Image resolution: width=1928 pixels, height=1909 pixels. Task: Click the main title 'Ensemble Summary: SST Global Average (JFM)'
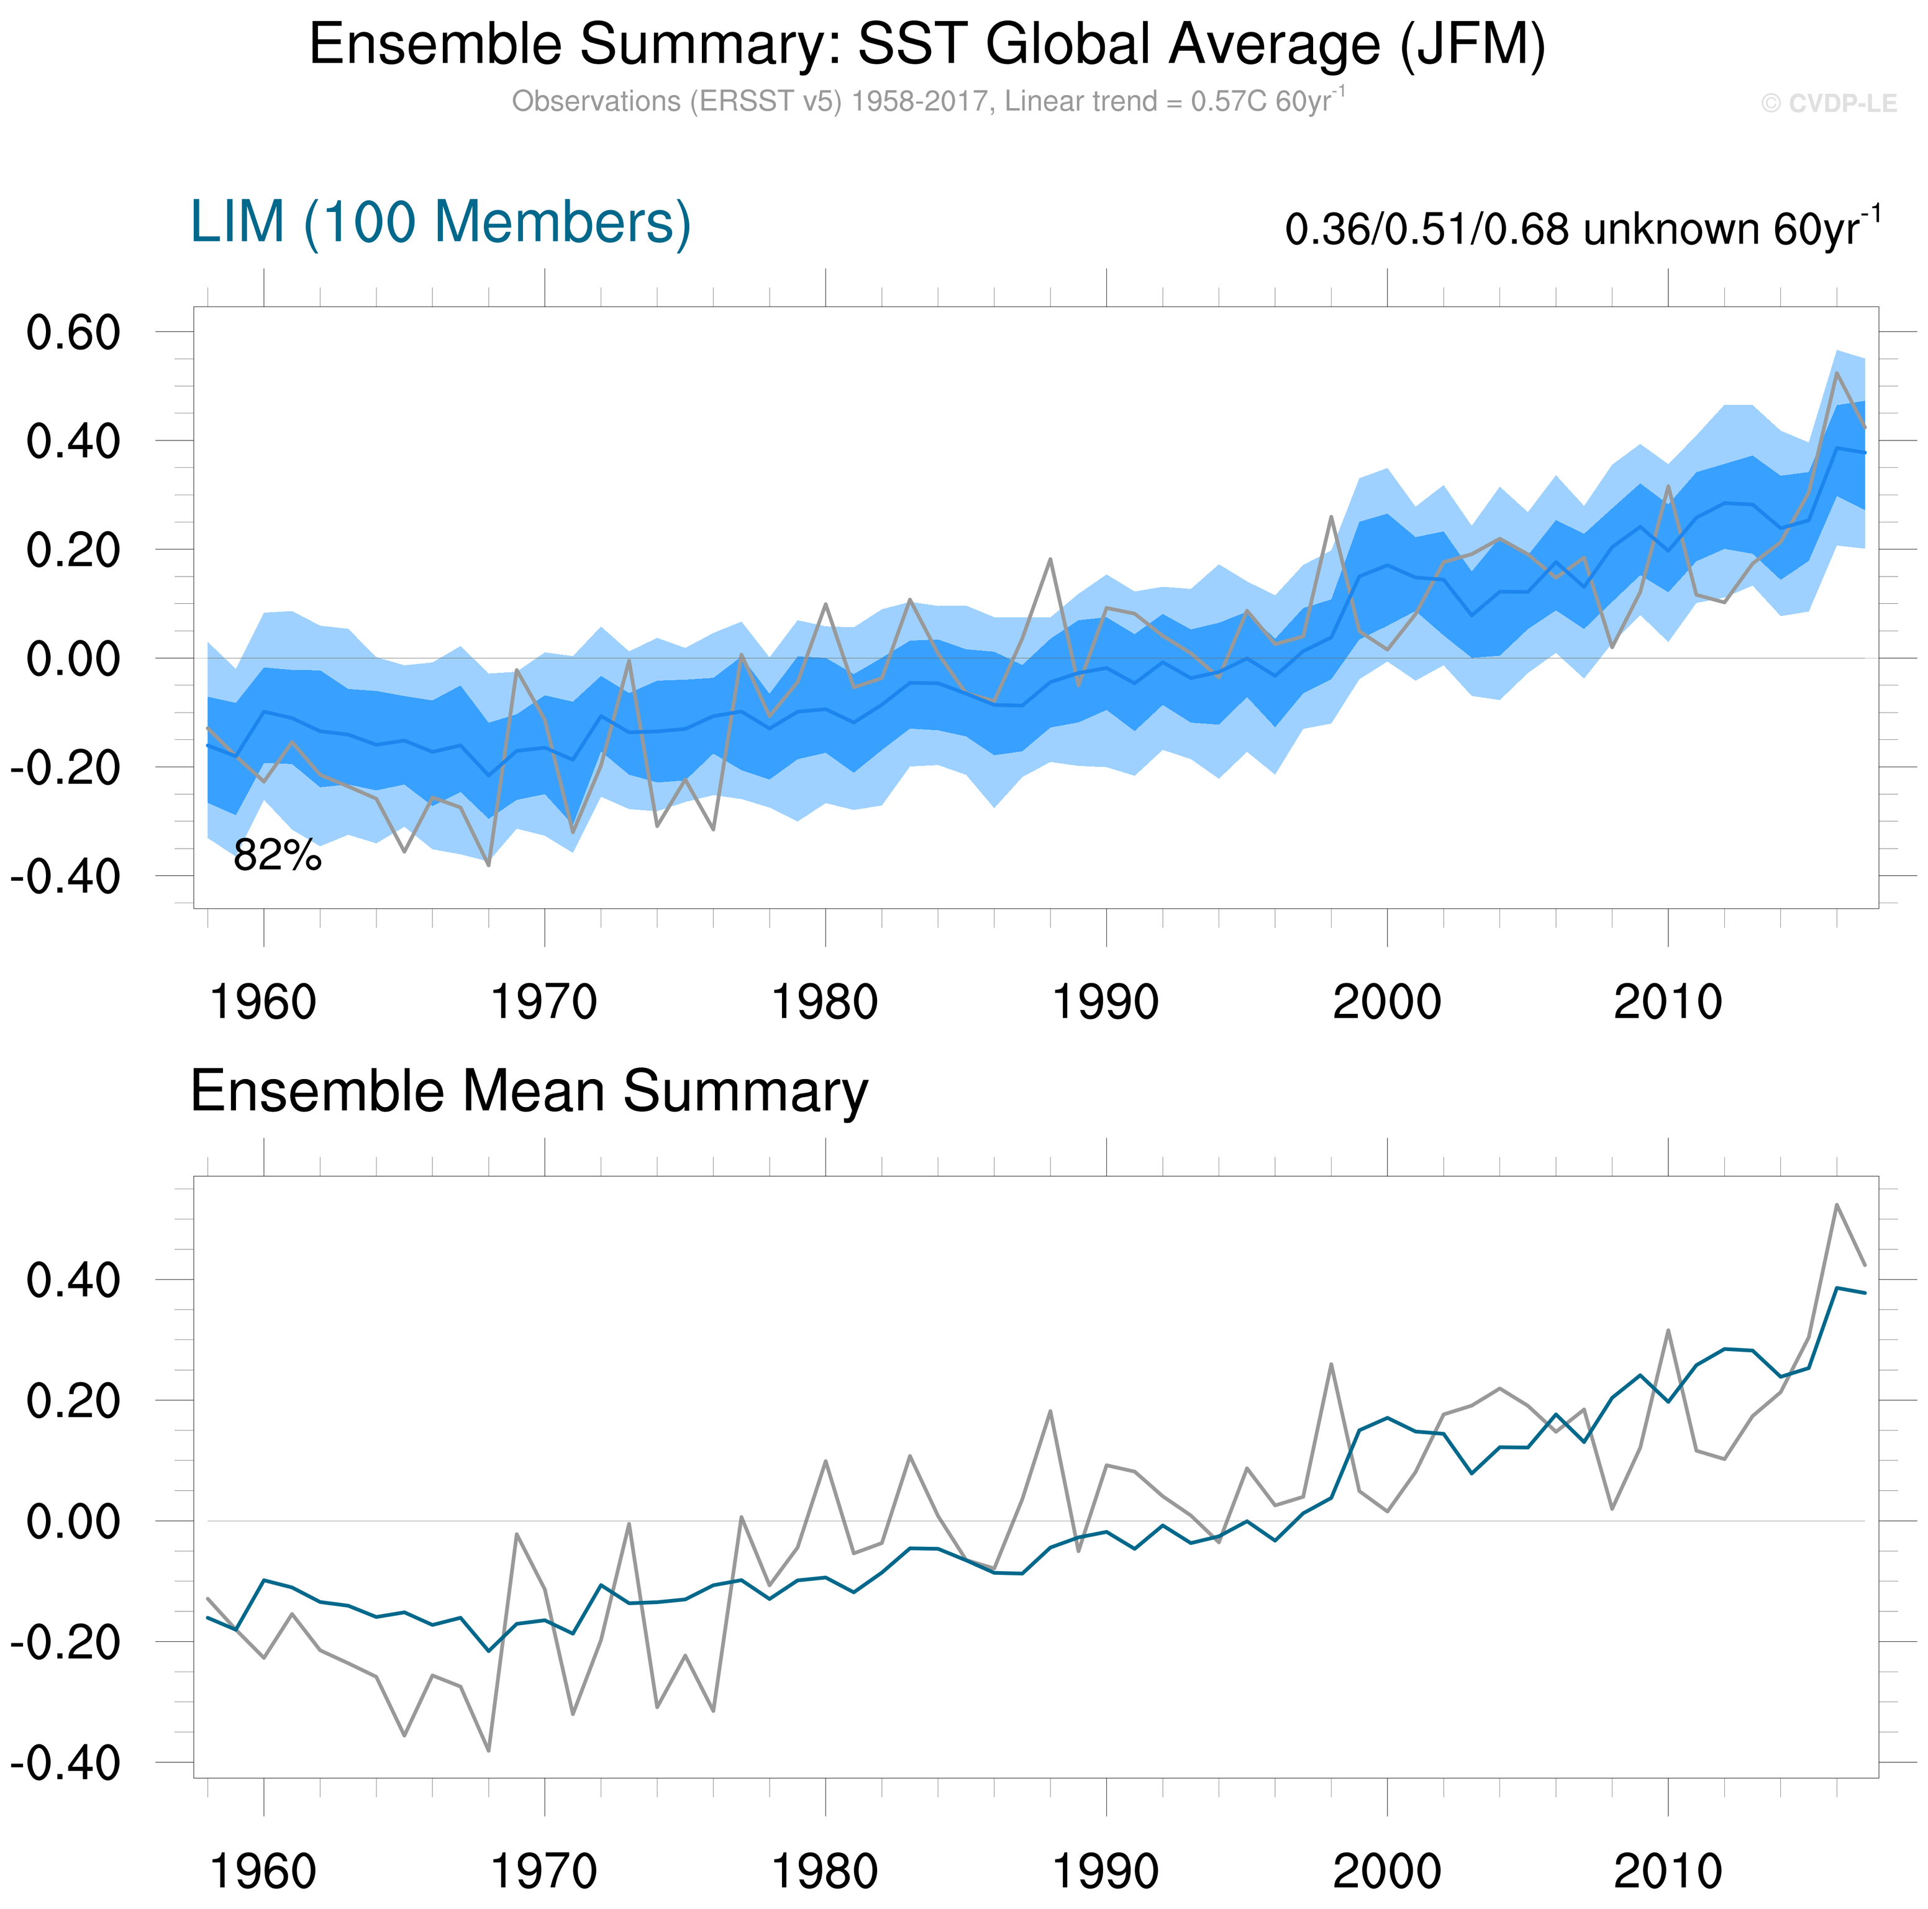pos(927,45)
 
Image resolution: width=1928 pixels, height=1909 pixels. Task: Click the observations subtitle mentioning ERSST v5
pos(927,102)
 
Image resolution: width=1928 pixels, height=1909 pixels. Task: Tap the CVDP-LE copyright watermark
pos(1828,104)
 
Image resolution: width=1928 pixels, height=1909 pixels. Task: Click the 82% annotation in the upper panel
pos(278,855)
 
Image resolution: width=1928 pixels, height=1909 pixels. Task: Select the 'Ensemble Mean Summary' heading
pos(529,1091)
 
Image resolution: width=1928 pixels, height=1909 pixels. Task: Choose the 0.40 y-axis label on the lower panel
pos(74,1280)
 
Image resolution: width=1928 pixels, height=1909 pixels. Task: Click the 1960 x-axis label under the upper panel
pos(263,1002)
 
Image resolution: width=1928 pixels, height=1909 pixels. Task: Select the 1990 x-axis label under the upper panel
pos(1106,1002)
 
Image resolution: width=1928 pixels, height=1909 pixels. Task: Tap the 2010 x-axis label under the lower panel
pos(1668,1871)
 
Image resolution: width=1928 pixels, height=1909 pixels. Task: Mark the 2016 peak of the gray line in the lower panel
pos(1836,1205)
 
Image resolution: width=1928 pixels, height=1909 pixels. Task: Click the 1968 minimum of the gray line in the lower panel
pos(489,1751)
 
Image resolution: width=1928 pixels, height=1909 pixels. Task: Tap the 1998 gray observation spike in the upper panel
pos(1331,517)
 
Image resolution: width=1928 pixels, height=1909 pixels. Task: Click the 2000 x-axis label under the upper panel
pos(1386,1002)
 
